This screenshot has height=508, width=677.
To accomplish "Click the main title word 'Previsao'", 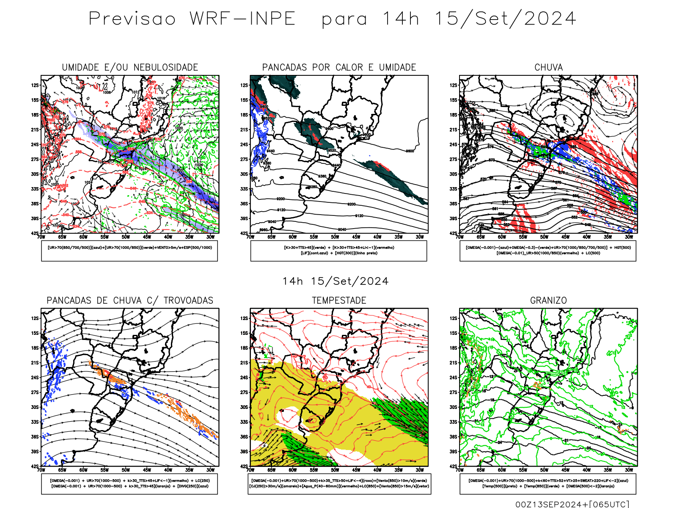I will pos(132,19).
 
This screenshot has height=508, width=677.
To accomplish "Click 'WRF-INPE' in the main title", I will pos(242,19).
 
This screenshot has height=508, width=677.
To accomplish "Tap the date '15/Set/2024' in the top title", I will pos(505,19).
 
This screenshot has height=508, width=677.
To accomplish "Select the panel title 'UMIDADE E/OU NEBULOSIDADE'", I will pos(130,67).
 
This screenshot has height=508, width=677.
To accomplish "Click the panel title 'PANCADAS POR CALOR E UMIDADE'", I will pos(339,67).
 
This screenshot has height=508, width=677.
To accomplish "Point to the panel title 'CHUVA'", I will pos(548,67).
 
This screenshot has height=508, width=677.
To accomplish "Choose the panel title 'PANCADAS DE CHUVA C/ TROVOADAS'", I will pos(130,301).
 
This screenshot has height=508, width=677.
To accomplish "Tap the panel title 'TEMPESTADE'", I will pos(339,301).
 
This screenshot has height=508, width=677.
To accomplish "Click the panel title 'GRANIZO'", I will pos(548,301).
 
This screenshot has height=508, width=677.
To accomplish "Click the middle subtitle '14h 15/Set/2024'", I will pos(336,282).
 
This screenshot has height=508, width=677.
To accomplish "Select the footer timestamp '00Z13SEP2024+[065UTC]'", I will pos(572,504).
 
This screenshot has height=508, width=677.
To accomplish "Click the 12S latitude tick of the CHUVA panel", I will pos(454,86).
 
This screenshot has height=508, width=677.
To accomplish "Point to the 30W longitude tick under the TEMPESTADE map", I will pos(420,470).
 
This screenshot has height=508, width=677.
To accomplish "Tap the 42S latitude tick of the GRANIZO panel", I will pos(454,467).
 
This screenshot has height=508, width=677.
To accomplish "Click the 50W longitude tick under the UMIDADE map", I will pos(126,237).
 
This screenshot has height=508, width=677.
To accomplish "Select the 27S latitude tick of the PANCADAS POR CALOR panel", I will pos(244,160).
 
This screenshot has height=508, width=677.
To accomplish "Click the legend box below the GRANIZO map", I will pos(548,483).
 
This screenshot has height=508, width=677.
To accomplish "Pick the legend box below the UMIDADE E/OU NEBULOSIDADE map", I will pos(129,251).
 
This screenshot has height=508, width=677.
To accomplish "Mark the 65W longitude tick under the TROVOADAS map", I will pos(62,470).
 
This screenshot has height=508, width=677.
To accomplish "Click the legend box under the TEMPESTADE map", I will pos(339,483).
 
